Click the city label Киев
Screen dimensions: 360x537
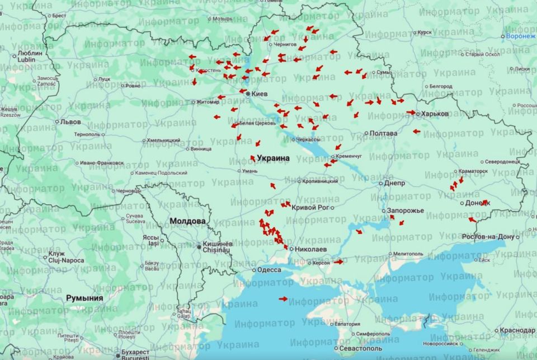[260, 94]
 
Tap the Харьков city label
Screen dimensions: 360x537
[435, 114]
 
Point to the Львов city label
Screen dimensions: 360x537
[70, 121]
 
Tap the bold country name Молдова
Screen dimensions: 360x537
[187, 221]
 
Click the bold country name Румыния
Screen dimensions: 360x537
[84, 298]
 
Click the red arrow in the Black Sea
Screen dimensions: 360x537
[283, 298]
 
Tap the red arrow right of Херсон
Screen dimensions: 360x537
[338, 261]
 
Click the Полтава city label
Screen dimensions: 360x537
[383, 133]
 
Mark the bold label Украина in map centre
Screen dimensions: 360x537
[273, 158]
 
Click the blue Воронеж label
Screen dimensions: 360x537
[520, 36]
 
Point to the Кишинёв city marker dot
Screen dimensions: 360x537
[199, 246]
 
